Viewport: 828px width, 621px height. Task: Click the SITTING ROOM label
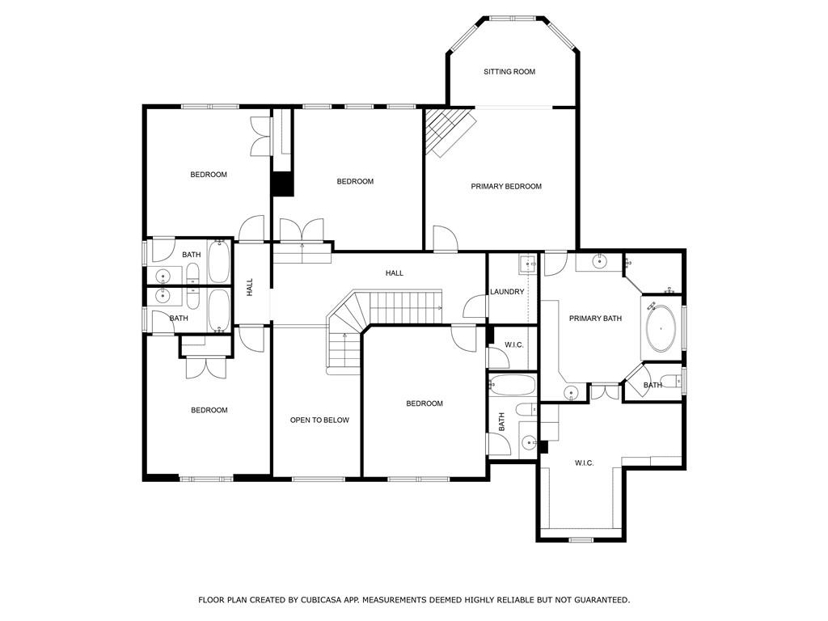(x=509, y=72)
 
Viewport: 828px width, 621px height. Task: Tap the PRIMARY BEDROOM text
(x=506, y=187)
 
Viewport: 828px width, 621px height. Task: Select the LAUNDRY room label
(x=507, y=292)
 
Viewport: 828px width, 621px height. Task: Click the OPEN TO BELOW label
(x=319, y=420)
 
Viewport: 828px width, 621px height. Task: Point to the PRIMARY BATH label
(x=595, y=319)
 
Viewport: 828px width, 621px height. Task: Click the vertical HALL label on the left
(x=250, y=286)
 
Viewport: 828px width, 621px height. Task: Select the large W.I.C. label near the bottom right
(x=584, y=463)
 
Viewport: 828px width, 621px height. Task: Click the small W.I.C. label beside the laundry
(x=514, y=345)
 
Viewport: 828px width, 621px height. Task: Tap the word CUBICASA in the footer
(x=330, y=600)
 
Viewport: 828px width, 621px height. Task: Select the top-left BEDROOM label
(x=209, y=175)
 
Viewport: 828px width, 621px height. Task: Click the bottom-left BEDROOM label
(x=209, y=411)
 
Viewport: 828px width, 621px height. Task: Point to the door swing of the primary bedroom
(x=445, y=239)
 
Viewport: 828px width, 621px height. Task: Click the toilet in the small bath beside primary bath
(x=670, y=381)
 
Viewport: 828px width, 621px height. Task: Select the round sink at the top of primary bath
(x=599, y=261)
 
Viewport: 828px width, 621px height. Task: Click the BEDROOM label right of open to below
(x=425, y=404)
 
